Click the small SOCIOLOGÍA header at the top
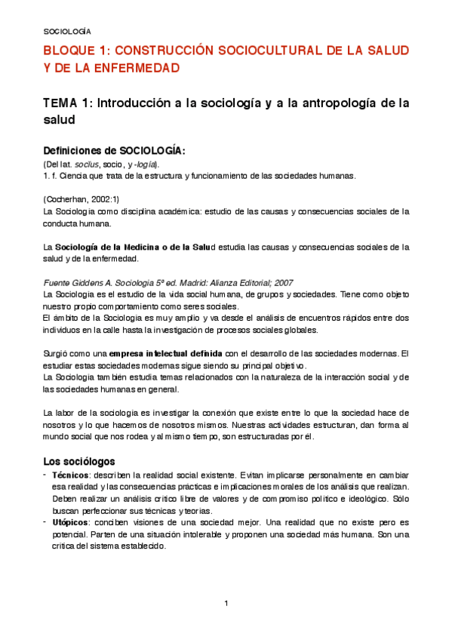pyautogui.click(x=66, y=32)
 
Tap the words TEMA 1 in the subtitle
pyautogui.click(x=66, y=103)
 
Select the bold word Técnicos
pyautogui.click(x=70, y=475)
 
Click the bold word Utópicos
pyautogui.click(x=70, y=522)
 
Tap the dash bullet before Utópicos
pyautogui.click(x=45, y=522)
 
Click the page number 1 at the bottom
pyautogui.click(x=226, y=603)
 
